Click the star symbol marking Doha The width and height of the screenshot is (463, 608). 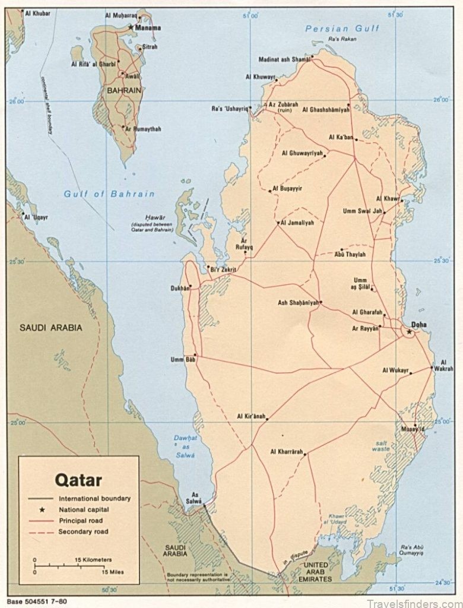409,332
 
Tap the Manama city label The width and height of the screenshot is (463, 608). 148,27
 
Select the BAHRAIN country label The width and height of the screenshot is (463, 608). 123,90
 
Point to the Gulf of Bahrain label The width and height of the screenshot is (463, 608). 110,194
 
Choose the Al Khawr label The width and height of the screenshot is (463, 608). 388,198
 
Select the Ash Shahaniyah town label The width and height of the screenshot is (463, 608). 297,303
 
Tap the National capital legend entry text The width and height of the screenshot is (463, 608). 84,509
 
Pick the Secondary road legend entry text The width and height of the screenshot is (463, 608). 83,531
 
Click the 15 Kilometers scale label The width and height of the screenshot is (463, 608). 94,560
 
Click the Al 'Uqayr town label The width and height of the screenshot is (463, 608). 36,217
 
